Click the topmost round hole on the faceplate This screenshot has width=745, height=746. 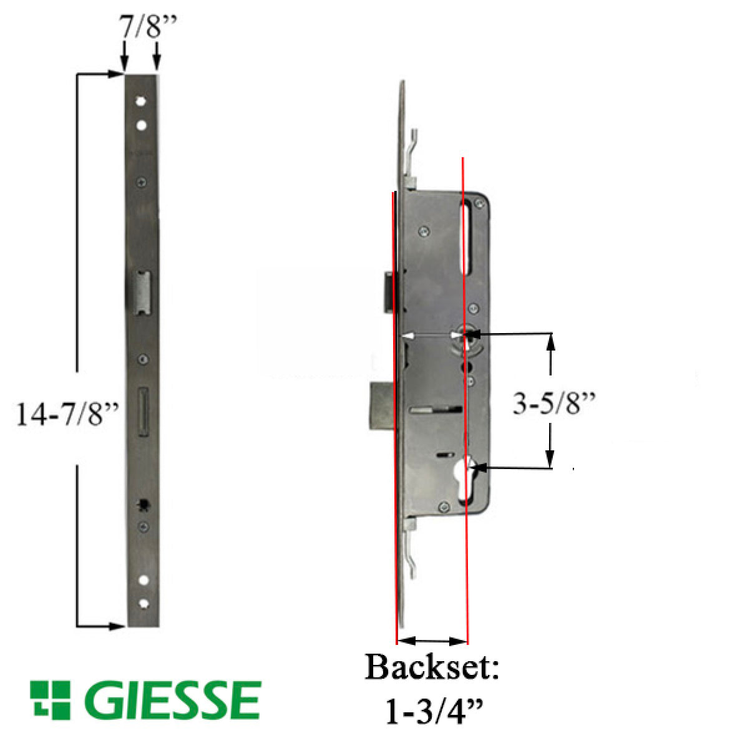[x=142, y=101]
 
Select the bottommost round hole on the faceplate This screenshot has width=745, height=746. [x=144, y=603]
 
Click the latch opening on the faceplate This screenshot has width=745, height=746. [x=144, y=292]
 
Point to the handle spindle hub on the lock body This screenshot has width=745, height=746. [x=466, y=335]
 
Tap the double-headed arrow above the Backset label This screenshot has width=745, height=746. [x=432, y=641]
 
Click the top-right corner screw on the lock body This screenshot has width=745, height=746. [x=481, y=202]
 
